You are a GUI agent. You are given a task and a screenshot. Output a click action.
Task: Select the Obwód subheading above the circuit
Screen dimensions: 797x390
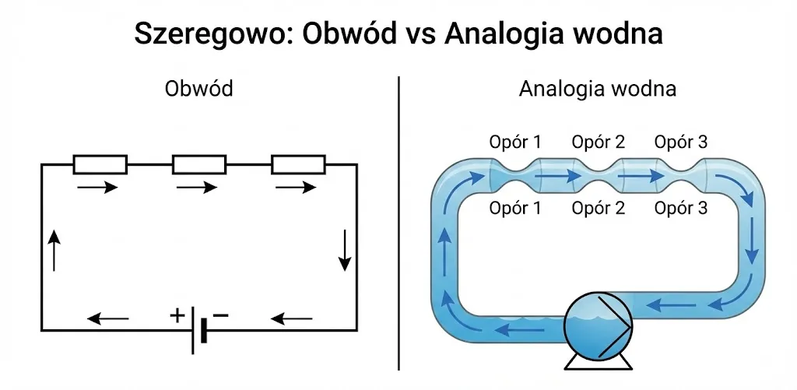199,89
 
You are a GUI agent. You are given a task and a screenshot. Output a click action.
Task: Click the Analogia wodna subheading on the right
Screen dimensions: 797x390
597,89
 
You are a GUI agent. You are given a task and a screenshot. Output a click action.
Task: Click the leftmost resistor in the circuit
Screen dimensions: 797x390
100,164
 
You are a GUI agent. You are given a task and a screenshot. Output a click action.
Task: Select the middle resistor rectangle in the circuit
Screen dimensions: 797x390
199,164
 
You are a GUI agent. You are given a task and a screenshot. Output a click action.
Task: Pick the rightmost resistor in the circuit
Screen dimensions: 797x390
298,164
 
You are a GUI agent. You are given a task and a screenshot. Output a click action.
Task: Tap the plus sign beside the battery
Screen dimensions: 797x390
177,316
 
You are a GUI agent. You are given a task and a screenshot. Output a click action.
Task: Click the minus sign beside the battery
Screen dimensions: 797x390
220,315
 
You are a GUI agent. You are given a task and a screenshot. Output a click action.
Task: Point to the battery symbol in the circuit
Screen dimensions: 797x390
198,330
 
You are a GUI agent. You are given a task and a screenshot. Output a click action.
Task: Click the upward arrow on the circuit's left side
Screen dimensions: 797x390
54,250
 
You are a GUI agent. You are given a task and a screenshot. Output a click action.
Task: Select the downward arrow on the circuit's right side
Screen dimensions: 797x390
345,250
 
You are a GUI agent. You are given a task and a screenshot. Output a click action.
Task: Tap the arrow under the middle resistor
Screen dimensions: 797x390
197,188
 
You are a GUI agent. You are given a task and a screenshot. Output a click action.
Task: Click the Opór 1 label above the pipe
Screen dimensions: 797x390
515,142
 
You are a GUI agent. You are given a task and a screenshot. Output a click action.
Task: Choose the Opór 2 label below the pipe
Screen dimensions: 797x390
598,208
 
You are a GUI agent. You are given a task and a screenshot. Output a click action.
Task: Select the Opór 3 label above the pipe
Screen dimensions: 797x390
680,142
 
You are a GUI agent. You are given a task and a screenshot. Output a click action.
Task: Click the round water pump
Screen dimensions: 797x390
599,326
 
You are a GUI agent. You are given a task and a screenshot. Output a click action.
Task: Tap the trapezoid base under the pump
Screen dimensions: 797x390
599,361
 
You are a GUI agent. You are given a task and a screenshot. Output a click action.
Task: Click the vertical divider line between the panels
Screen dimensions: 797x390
398,223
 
